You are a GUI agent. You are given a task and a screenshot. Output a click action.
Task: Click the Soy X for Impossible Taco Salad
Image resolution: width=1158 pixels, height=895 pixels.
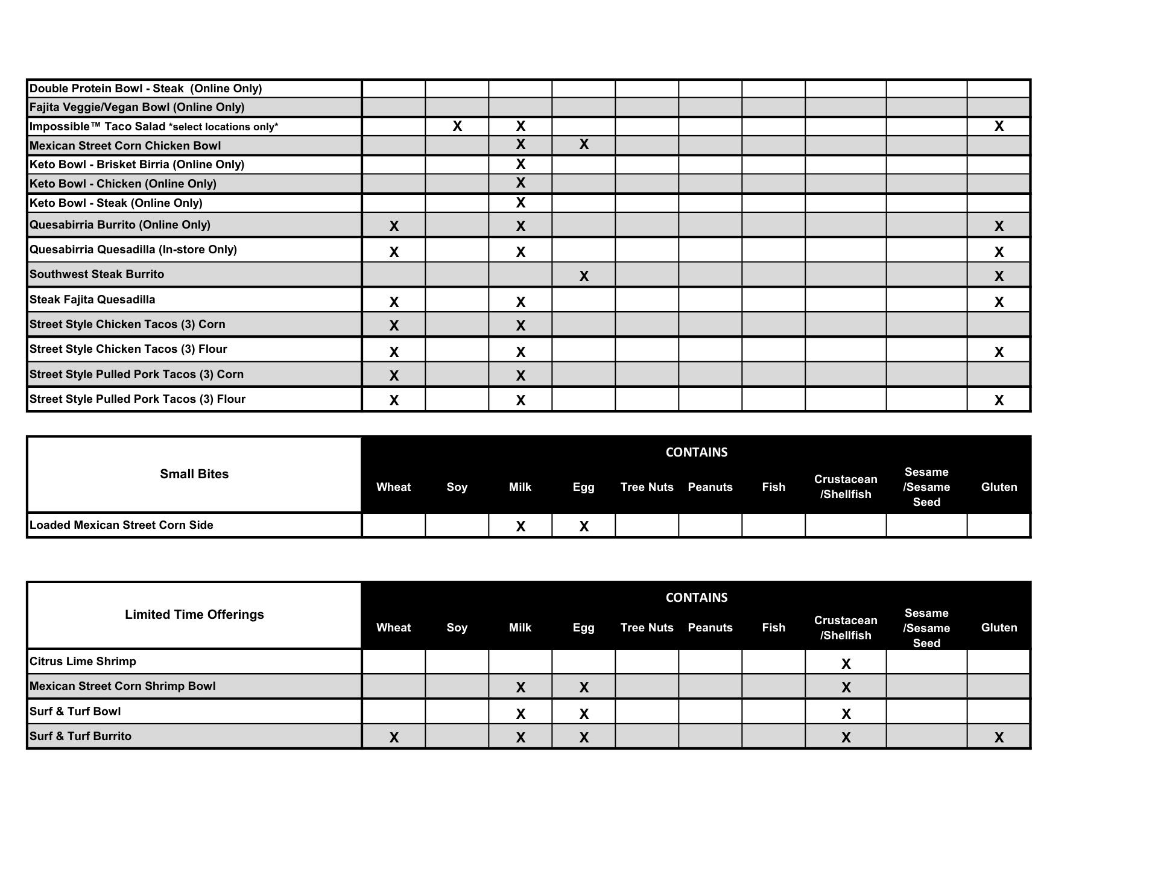(x=457, y=126)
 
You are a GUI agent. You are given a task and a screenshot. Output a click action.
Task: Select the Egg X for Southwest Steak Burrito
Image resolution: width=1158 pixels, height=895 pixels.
(x=583, y=276)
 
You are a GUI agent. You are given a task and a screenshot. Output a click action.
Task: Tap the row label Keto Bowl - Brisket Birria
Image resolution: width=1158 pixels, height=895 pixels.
(x=137, y=165)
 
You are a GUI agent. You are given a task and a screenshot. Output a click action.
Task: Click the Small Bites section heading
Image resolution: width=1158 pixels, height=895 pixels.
(x=194, y=474)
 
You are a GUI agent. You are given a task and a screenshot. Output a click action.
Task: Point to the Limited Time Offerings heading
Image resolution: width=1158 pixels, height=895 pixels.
(x=194, y=615)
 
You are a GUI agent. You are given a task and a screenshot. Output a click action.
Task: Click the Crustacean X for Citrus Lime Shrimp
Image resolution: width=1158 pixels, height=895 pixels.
(x=846, y=664)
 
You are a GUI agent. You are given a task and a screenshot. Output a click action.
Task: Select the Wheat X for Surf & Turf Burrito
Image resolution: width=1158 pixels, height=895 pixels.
(x=394, y=737)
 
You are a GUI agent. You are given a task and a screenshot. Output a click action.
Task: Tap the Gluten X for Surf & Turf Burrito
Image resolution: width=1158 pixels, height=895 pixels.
(x=999, y=737)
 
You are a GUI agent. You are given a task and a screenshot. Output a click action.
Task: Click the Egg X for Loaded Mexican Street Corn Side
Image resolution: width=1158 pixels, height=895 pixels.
(x=583, y=527)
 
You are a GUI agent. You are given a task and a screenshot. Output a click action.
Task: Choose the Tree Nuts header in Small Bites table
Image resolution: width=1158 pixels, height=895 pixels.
(x=647, y=487)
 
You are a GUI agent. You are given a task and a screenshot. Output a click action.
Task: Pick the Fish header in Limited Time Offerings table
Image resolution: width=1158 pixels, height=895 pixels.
(x=773, y=628)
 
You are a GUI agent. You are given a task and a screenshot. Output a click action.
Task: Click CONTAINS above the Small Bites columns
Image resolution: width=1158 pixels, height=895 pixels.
(x=696, y=452)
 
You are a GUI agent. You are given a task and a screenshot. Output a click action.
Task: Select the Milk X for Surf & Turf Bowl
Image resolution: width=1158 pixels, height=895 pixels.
(x=520, y=714)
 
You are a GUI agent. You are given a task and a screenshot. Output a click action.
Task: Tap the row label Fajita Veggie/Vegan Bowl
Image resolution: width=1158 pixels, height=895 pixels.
(x=137, y=107)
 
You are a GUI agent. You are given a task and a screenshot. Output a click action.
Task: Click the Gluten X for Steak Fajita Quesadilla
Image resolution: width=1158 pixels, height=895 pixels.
(x=999, y=302)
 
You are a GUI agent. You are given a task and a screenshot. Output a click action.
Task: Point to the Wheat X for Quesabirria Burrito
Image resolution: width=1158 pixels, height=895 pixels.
(x=394, y=226)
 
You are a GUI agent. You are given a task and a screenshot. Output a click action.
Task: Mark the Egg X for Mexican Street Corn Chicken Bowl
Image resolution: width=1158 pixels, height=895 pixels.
(x=583, y=145)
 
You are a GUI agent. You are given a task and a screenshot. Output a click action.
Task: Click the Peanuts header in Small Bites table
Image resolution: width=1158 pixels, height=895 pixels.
(x=710, y=487)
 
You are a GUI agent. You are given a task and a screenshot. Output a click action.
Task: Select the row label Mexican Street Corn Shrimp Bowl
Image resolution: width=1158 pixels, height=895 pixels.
(x=122, y=686)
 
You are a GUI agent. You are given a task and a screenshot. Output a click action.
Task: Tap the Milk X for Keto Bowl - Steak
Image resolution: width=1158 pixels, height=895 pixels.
(x=520, y=203)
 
